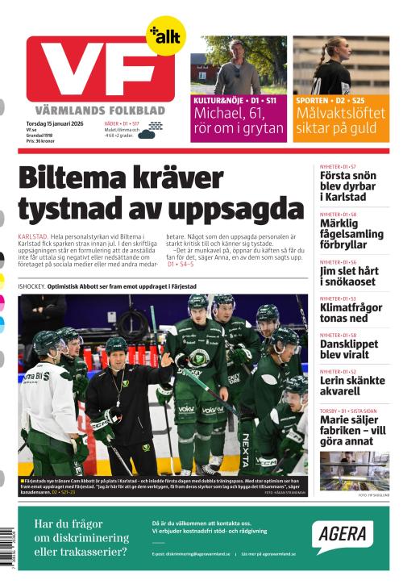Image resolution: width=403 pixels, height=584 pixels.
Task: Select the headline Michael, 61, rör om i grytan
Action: point(238,121)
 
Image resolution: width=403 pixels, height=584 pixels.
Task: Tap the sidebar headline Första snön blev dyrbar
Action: point(347,186)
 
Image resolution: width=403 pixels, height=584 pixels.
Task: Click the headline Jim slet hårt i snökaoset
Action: point(349,276)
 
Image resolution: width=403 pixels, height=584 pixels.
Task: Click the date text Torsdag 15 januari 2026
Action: point(55,122)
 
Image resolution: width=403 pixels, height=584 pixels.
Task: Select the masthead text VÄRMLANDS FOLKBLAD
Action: point(101,110)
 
